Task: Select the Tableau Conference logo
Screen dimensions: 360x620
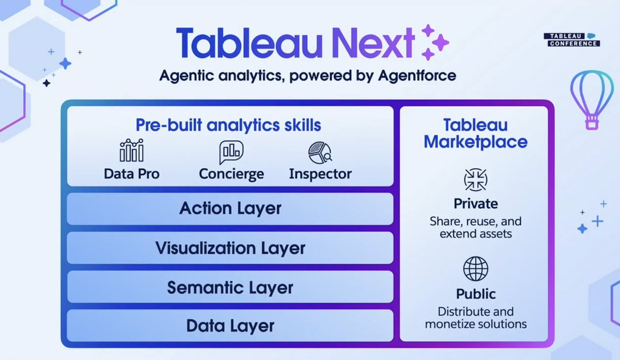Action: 572,40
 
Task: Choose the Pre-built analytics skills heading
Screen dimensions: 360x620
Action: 228,125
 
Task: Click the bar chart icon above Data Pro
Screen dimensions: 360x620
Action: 131,151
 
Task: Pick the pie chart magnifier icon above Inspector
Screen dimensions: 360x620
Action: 320,152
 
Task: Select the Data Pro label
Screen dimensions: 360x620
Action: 132,174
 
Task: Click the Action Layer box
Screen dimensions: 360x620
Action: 230,209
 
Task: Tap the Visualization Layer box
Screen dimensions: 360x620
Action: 230,248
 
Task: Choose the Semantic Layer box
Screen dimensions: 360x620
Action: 230,287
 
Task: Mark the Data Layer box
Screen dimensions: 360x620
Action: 230,326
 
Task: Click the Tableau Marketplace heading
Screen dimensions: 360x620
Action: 475,133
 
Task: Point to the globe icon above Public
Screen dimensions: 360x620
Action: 476,269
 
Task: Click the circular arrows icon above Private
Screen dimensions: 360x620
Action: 476,180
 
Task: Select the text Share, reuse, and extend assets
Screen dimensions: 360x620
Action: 476,228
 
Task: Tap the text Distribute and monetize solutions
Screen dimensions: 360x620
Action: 476,318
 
